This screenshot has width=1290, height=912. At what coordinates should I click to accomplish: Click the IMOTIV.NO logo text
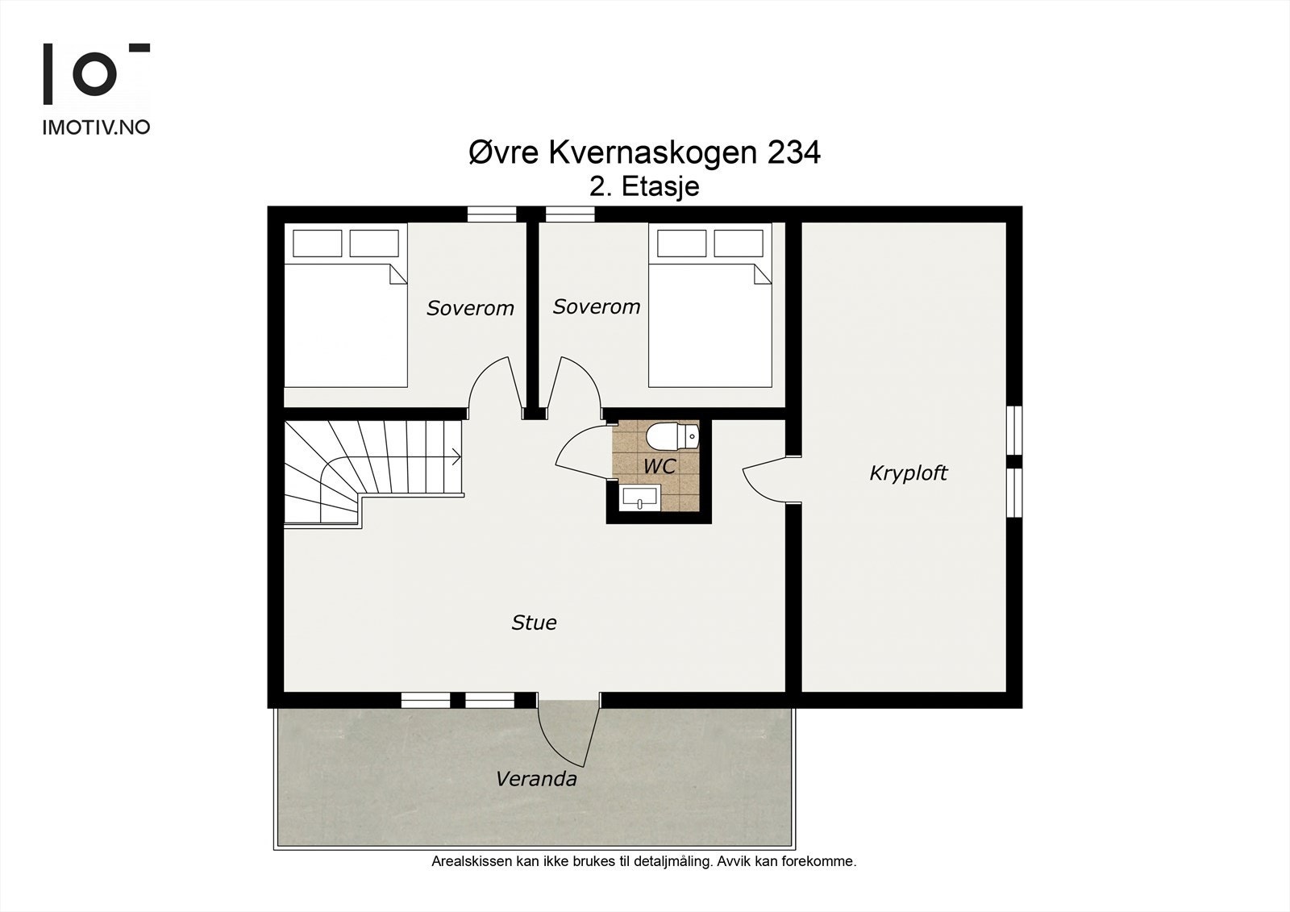tap(96, 127)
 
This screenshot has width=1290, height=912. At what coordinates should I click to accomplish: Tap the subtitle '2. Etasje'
tap(644, 187)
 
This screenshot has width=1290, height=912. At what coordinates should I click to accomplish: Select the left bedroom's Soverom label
tap(470, 308)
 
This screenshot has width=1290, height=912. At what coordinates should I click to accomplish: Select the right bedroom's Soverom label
tap(597, 306)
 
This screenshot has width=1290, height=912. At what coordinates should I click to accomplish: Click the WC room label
tap(659, 466)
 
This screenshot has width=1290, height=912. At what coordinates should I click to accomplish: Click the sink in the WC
tap(640, 498)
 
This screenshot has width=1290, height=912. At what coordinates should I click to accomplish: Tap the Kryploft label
tap(908, 473)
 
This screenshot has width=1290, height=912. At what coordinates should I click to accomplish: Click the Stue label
tap(534, 623)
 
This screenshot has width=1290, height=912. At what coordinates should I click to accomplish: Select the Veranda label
tap(536, 779)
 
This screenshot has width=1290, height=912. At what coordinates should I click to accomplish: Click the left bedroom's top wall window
tap(492, 214)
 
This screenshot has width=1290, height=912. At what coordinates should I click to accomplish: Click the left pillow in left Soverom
tap(318, 243)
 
